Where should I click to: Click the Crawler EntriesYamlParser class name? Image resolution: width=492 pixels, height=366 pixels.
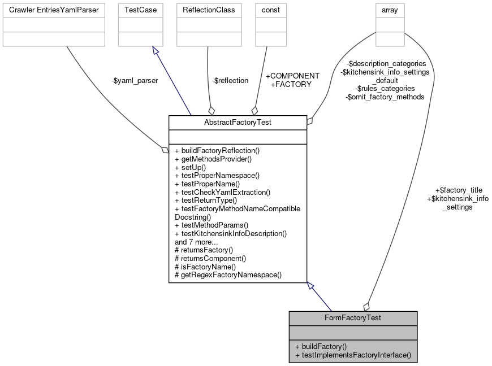pos(54,10)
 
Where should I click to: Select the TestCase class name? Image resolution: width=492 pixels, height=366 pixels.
pos(140,10)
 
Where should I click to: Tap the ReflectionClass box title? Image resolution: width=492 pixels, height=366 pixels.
pos(209,10)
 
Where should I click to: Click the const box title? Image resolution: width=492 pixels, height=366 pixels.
pos(270,10)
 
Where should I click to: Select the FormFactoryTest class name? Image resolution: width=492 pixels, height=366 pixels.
pos(353,318)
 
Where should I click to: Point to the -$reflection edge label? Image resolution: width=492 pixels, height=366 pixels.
pos(230,81)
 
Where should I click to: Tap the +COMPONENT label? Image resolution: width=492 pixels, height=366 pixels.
pos(292,76)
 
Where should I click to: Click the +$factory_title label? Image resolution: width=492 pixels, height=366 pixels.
pos(459,190)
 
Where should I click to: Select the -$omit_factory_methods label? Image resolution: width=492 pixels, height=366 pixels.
pos(385,97)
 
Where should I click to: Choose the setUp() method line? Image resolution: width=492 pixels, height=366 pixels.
pos(190,167)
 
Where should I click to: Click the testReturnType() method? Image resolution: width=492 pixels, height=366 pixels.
pos(206,200)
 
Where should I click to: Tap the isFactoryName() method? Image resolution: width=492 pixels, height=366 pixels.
pos(205,266)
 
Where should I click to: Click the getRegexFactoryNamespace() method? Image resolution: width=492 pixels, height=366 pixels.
pos(228,274)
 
